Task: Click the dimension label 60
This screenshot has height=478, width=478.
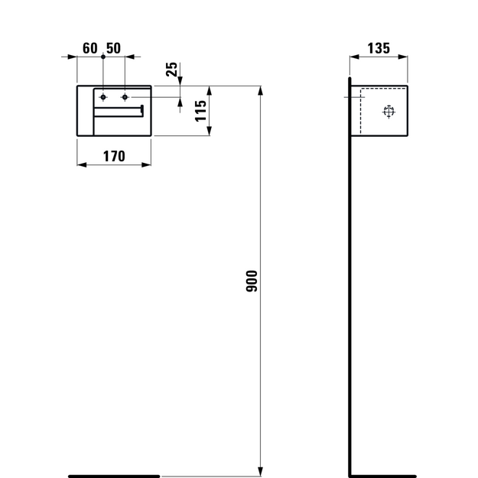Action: pos(90,48)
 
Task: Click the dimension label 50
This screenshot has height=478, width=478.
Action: pos(113,48)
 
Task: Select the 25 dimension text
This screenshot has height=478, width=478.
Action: pos(171,69)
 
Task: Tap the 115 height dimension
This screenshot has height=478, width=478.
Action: pos(201,111)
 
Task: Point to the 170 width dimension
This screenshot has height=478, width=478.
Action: pos(114,156)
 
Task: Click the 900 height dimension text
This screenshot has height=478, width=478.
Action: pos(252,281)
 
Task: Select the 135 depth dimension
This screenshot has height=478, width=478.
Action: pos(379,48)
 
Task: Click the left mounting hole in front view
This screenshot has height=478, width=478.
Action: pos(103,97)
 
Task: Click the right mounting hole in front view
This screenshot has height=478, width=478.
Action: pos(125,97)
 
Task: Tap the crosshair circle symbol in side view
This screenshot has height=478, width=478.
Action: pos(389,112)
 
